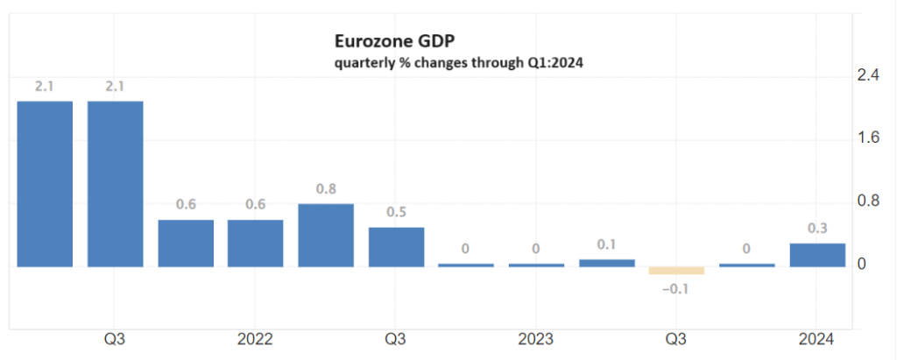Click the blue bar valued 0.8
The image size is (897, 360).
click(326, 235)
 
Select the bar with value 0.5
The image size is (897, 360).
click(396, 246)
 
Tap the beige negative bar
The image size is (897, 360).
click(676, 270)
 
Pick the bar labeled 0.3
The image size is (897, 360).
click(817, 254)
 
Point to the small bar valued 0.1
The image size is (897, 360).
click(606, 262)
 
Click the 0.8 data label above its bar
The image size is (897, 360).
click(326, 188)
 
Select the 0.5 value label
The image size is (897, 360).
click(396, 212)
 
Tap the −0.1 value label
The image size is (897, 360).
click(676, 289)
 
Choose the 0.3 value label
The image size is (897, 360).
click(817, 229)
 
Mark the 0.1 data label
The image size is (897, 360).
click(606, 244)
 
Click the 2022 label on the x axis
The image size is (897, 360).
click(255, 339)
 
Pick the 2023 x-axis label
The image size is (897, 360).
click(536, 339)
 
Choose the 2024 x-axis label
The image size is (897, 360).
click(817, 339)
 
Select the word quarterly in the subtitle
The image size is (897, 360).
click(363, 62)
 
